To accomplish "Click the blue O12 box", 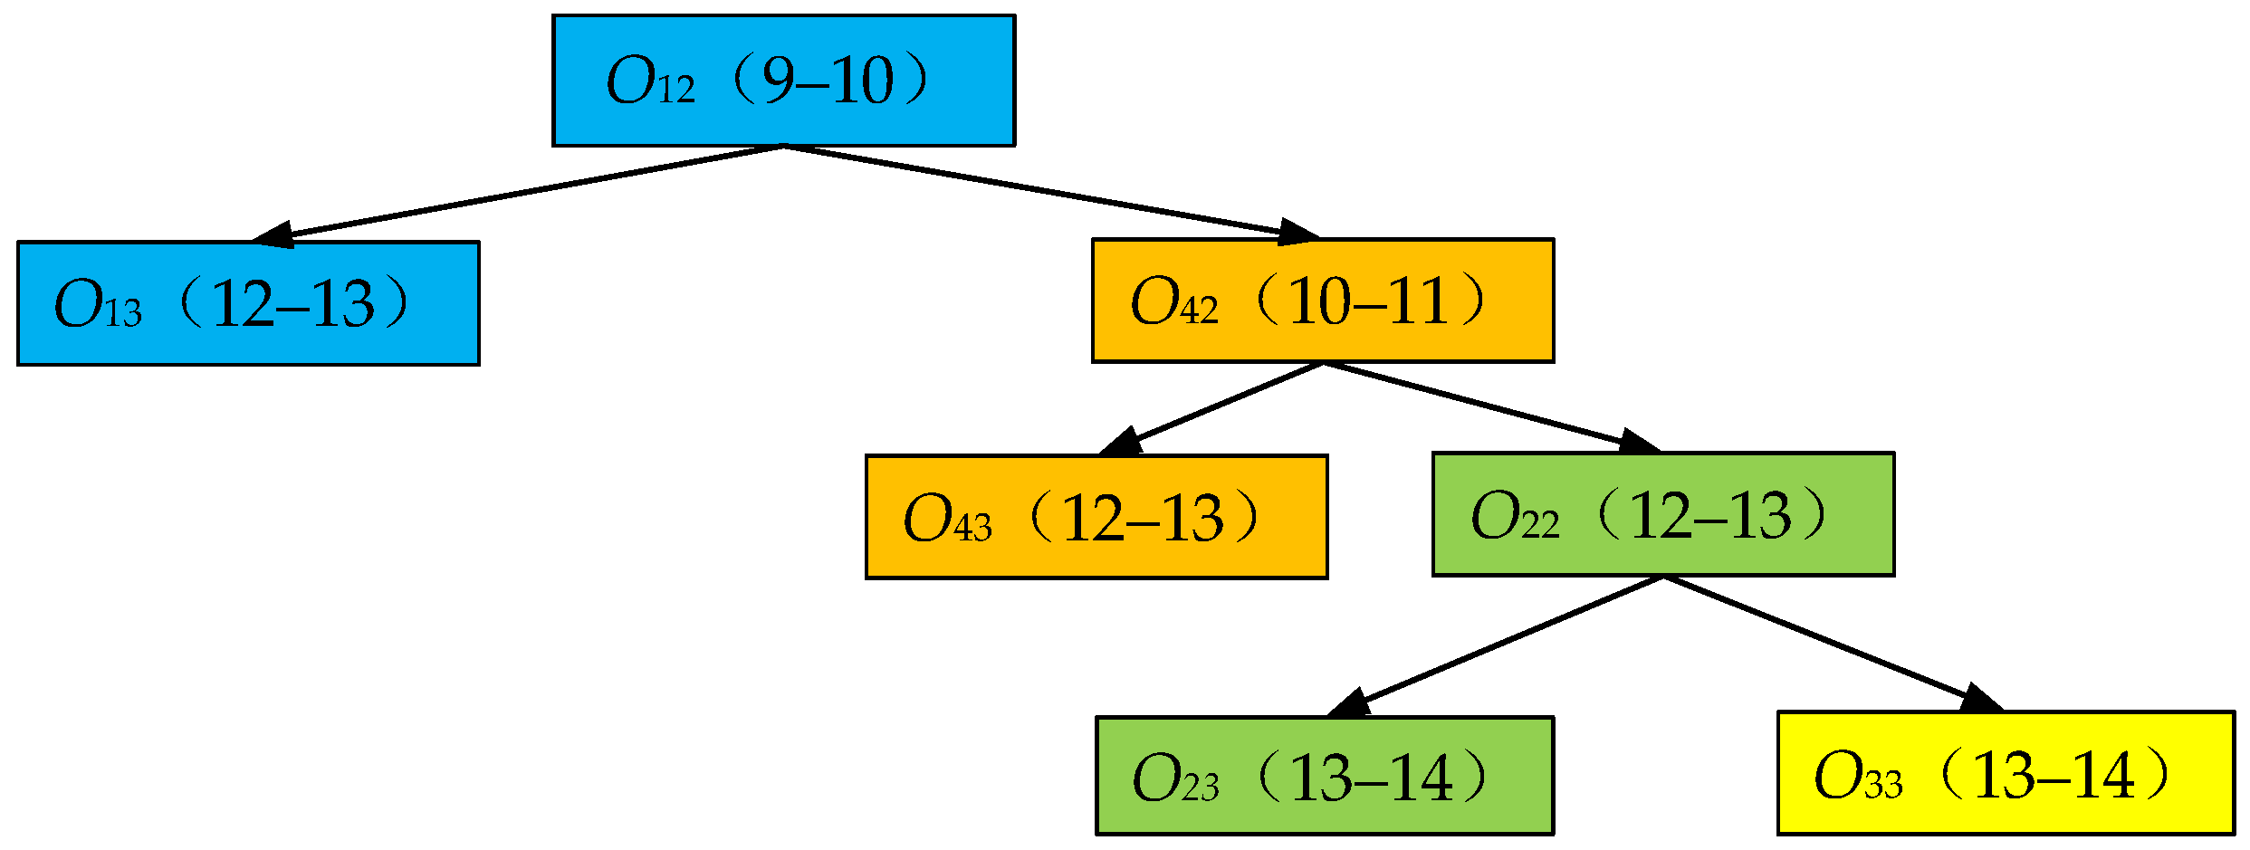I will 783,80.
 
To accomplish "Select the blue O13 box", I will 248,303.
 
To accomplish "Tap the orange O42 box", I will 1323,301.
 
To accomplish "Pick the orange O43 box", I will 1096,517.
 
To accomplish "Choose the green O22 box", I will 1663,514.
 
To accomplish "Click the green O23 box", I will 1325,776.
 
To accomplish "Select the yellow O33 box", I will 2006,773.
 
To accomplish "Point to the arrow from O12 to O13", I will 525,193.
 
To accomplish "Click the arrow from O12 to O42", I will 1041,191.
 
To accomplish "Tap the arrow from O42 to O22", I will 1485,406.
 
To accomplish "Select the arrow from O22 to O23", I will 1503,645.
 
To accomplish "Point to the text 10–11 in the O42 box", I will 1367,301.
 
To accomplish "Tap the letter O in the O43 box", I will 926,519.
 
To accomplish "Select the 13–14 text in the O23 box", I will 1372,778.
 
